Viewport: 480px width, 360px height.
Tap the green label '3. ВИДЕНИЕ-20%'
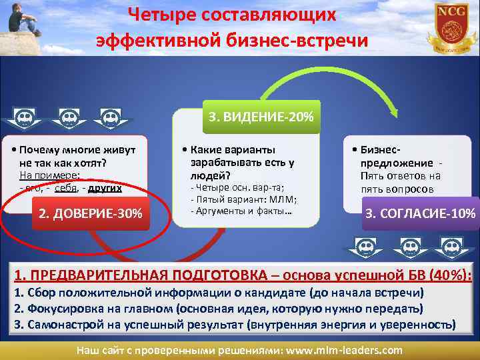[x=261, y=117]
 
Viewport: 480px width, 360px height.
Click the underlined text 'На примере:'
[x=49, y=175]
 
